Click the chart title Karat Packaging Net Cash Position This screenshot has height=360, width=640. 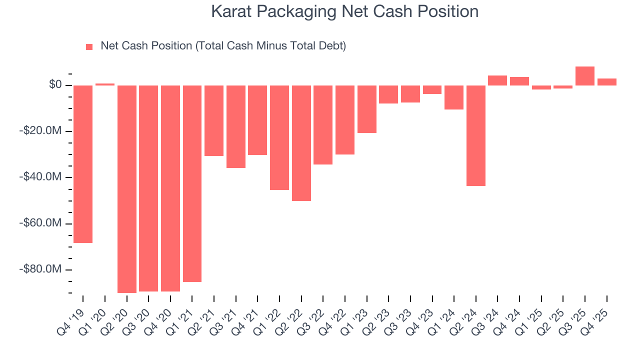point(344,11)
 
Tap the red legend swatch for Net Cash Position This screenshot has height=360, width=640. point(89,46)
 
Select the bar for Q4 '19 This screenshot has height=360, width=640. point(83,164)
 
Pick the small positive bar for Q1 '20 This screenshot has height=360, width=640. point(105,84)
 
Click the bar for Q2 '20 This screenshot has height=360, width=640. point(127,189)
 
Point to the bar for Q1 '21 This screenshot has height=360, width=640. point(192,183)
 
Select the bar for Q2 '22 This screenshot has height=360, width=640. point(301,143)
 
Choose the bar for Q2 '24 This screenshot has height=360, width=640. point(476,135)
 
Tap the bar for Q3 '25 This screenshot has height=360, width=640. point(585,76)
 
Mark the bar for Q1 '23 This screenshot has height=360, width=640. point(367,109)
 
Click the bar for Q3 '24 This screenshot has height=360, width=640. point(497,80)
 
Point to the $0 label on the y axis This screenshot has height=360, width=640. point(55,85)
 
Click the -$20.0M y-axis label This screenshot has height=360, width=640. point(41,131)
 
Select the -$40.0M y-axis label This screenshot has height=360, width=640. point(41,177)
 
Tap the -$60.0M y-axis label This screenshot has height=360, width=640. point(41,223)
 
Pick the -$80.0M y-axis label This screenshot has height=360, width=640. point(41,269)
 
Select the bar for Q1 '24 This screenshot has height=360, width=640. point(454,97)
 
